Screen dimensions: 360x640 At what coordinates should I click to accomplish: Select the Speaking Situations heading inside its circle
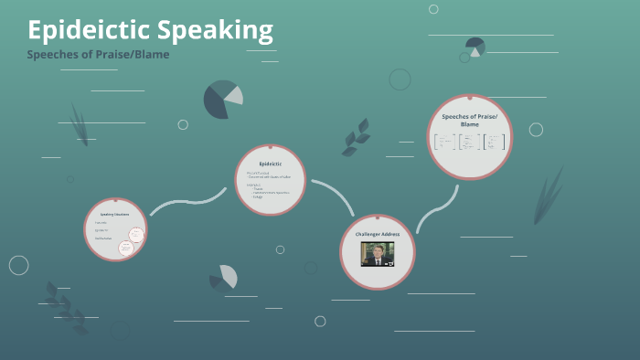[x=114, y=214]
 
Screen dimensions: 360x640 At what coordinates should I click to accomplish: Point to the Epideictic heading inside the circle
[x=269, y=164]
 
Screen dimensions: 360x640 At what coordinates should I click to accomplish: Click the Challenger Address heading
[x=378, y=234]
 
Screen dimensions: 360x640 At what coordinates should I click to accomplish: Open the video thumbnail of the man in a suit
[x=378, y=254]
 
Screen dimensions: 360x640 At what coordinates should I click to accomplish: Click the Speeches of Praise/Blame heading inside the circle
[x=469, y=120]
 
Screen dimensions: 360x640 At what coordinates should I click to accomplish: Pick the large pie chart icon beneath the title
[x=222, y=100]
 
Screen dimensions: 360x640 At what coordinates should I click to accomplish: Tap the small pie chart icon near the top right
[x=475, y=47]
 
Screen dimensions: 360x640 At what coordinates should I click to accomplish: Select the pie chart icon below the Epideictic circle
[x=224, y=276]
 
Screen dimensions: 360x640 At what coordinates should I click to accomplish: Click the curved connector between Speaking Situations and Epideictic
[x=187, y=201]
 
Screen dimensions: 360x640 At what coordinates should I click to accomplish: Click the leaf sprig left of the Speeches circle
[x=356, y=137]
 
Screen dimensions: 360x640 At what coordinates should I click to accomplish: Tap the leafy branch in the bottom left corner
[x=65, y=306]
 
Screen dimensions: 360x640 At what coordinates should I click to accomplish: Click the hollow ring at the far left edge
[x=18, y=265]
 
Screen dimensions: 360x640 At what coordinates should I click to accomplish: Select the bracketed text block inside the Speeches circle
[x=469, y=142]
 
